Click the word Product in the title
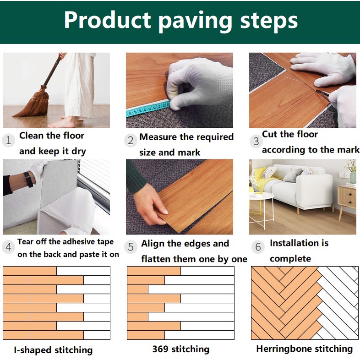coord(108,20)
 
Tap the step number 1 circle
coord(9,140)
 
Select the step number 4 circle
coord(9,247)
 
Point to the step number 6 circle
coord(258,247)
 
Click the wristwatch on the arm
coord(29,179)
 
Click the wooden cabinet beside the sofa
coord(347,200)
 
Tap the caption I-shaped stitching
coord(53,350)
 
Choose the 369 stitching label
coord(181,349)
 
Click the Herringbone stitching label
coord(305,349)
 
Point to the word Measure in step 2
coord(158,137)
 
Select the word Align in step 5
coord(153,244)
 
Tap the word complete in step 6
coord(290,259)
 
